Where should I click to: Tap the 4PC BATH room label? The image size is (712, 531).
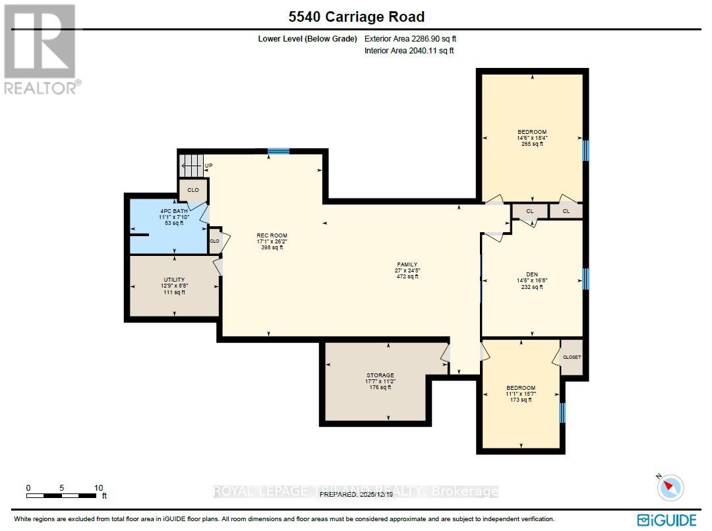(173, 217)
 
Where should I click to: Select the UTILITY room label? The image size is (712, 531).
(174, 286)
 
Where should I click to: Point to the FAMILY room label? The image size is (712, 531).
(407, 270)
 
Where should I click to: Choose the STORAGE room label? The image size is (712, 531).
(380, 381)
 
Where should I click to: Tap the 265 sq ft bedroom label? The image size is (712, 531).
(531, 138)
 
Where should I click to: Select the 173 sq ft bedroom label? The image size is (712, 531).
(520, 394)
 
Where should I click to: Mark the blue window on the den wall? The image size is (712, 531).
(585, 279)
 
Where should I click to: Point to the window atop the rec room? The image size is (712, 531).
(278, 152)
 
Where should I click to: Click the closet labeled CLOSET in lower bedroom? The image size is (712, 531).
(572, 357)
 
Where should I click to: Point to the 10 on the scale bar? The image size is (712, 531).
(99, 488)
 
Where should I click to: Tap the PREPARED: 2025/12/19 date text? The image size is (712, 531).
(356, 494)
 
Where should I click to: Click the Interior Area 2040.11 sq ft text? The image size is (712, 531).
(409, 51)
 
